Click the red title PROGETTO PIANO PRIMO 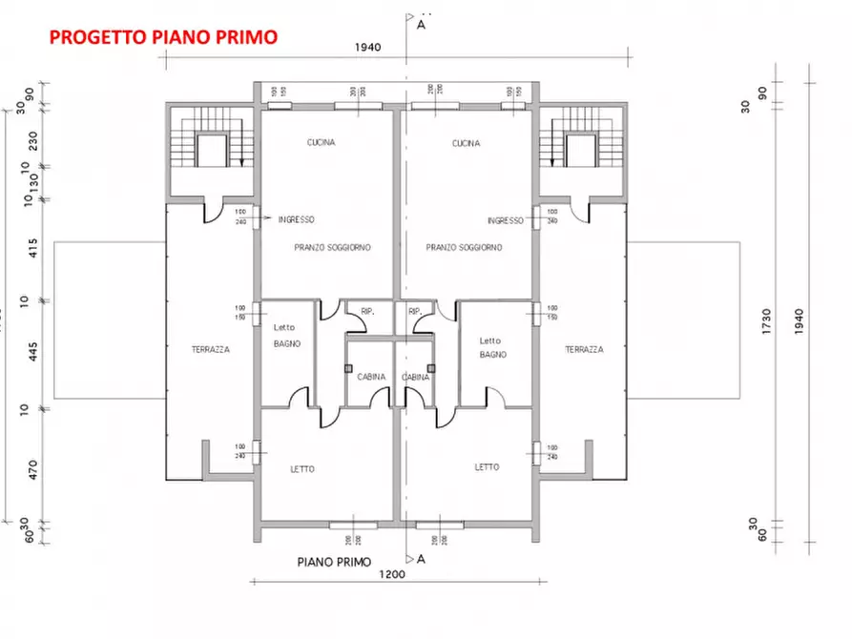(x=163, y=37)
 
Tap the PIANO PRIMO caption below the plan (x=334, y=562)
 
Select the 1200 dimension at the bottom (x=392, y=574)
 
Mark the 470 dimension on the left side (x=33, y=469)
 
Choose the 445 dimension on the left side (x=33, y=354)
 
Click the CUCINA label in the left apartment (x=321, y=143)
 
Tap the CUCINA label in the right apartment (x=466, y=143)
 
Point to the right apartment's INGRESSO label (x=505, y=220)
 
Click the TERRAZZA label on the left (x=210, y=350)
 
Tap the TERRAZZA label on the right (x=584, y=350)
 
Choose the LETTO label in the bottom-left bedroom (x=302, y=469)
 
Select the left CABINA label (x=371, y=377)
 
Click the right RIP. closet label (x=415, y=312)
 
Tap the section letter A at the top (x=421, y=26)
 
